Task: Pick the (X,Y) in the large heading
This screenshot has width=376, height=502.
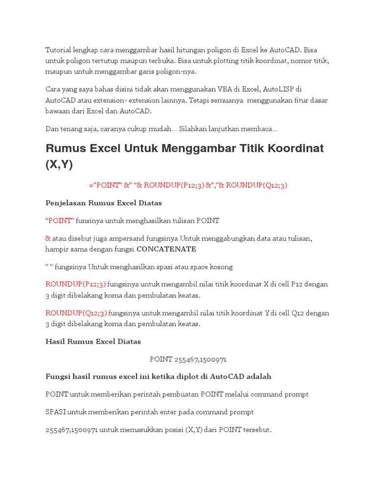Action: pyautogui.click(x=59, y=165)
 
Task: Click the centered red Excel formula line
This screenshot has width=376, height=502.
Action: pyautogui.click(x=188, y=185)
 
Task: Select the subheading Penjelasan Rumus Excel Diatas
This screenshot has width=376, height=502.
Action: pyautogui.click(x=104, y=202)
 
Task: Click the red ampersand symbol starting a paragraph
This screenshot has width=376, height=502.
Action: pyautogui.click(x=48, y=238)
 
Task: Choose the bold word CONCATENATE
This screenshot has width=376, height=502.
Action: pyautogui.click(x=166, y=249)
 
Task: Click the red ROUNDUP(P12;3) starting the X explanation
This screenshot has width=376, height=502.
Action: pyautogui.click(x=75, y=284)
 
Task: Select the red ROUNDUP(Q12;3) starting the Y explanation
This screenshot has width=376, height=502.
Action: pyautogui.click(x=76, y=313)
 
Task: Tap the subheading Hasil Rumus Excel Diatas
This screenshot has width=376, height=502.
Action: pyautogui.click(x=93, y=341)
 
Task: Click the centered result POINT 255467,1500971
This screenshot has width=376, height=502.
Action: pyautogui.click(x=188, y=359)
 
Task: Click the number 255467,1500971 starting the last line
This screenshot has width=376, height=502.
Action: pyautogui.click(x=72, y=430)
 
